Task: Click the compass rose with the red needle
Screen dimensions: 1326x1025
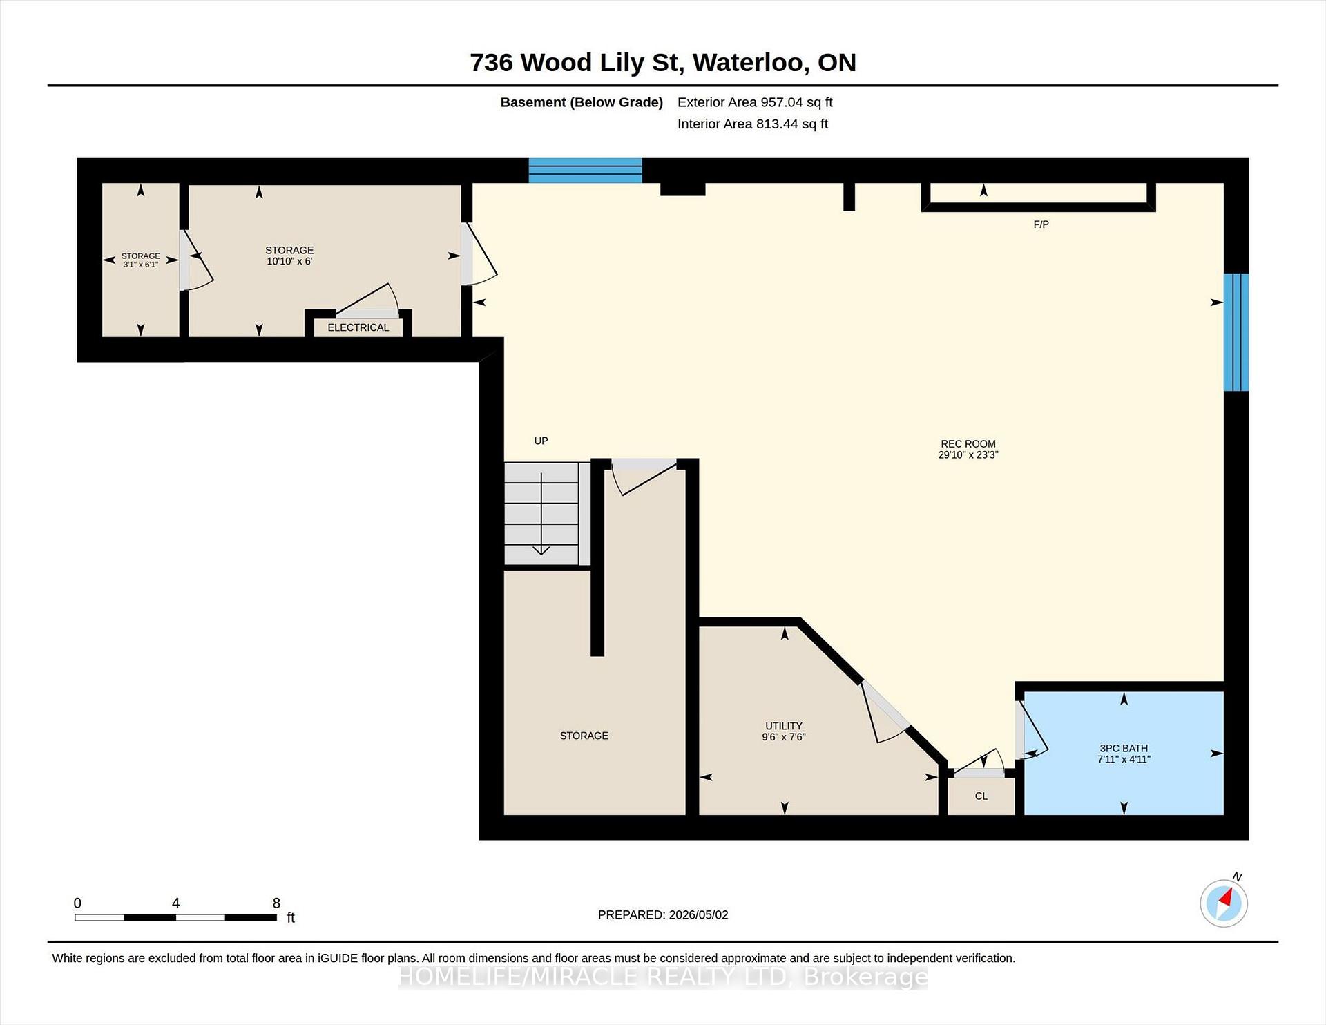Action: [x=1224, y=903]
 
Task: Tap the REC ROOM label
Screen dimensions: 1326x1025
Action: [x=968, y=444]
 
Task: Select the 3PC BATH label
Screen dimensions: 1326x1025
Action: [x=1124, y=748]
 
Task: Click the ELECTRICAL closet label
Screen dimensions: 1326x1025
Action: [x=358, y=327]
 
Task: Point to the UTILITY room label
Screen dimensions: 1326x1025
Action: [x=784, y=726]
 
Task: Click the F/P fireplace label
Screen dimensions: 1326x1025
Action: [x=1041, y=224]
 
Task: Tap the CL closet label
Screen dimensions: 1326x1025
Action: [x=981, y=796]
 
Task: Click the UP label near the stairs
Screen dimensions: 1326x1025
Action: [x=541, y=441]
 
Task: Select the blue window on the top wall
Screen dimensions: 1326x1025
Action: [x=586, y=171]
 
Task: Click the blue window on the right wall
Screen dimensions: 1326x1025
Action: [x=1236, y=332]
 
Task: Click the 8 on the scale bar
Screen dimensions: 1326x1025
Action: [x=276, y=903]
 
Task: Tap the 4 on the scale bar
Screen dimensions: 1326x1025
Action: [x=176, y=903]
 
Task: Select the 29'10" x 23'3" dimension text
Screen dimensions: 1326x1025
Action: [x=968, y=455]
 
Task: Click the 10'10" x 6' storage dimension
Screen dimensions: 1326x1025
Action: [x=289, y=261]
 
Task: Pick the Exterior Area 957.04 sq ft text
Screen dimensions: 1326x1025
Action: [x=755, y=102]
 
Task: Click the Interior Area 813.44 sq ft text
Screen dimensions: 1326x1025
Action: [x=753, y=124]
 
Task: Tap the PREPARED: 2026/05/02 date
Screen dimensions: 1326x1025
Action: [x=663, y=915]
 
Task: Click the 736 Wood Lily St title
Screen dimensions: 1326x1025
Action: [x=577, y=63]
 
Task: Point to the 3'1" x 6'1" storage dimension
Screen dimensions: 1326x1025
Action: [x=141, y=265]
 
